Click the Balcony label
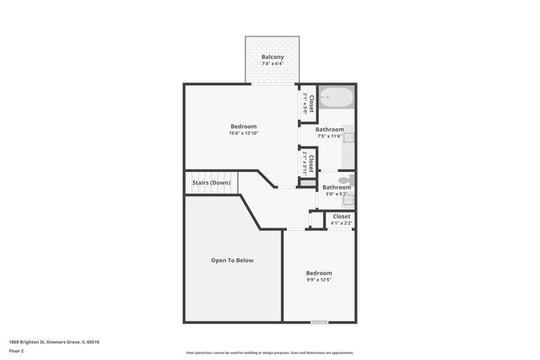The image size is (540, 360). click(272, 56)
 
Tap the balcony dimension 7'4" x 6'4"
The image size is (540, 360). click(272, 63)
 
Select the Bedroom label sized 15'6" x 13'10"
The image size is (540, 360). click(244, 126)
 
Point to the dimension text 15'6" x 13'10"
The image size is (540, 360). click(244, 133)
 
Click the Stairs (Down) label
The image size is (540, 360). click(211, 182)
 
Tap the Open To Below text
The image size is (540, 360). click(232, 261)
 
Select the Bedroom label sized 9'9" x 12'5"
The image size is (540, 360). click(319, 273)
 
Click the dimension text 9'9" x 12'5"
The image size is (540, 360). click(319, 280)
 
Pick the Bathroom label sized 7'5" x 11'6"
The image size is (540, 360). click(329, 129)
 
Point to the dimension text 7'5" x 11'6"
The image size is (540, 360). click(329, 136)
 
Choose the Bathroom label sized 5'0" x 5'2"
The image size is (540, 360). click(336, 187)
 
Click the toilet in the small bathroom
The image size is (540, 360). click(344, 180)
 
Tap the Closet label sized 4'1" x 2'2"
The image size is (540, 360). click(341, 217)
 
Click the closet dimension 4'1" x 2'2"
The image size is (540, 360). click(341, 223)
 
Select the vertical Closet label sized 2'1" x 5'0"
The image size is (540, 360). click(311, 103)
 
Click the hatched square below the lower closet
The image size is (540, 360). click(309, 182)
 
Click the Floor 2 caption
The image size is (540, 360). click(17, 350)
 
